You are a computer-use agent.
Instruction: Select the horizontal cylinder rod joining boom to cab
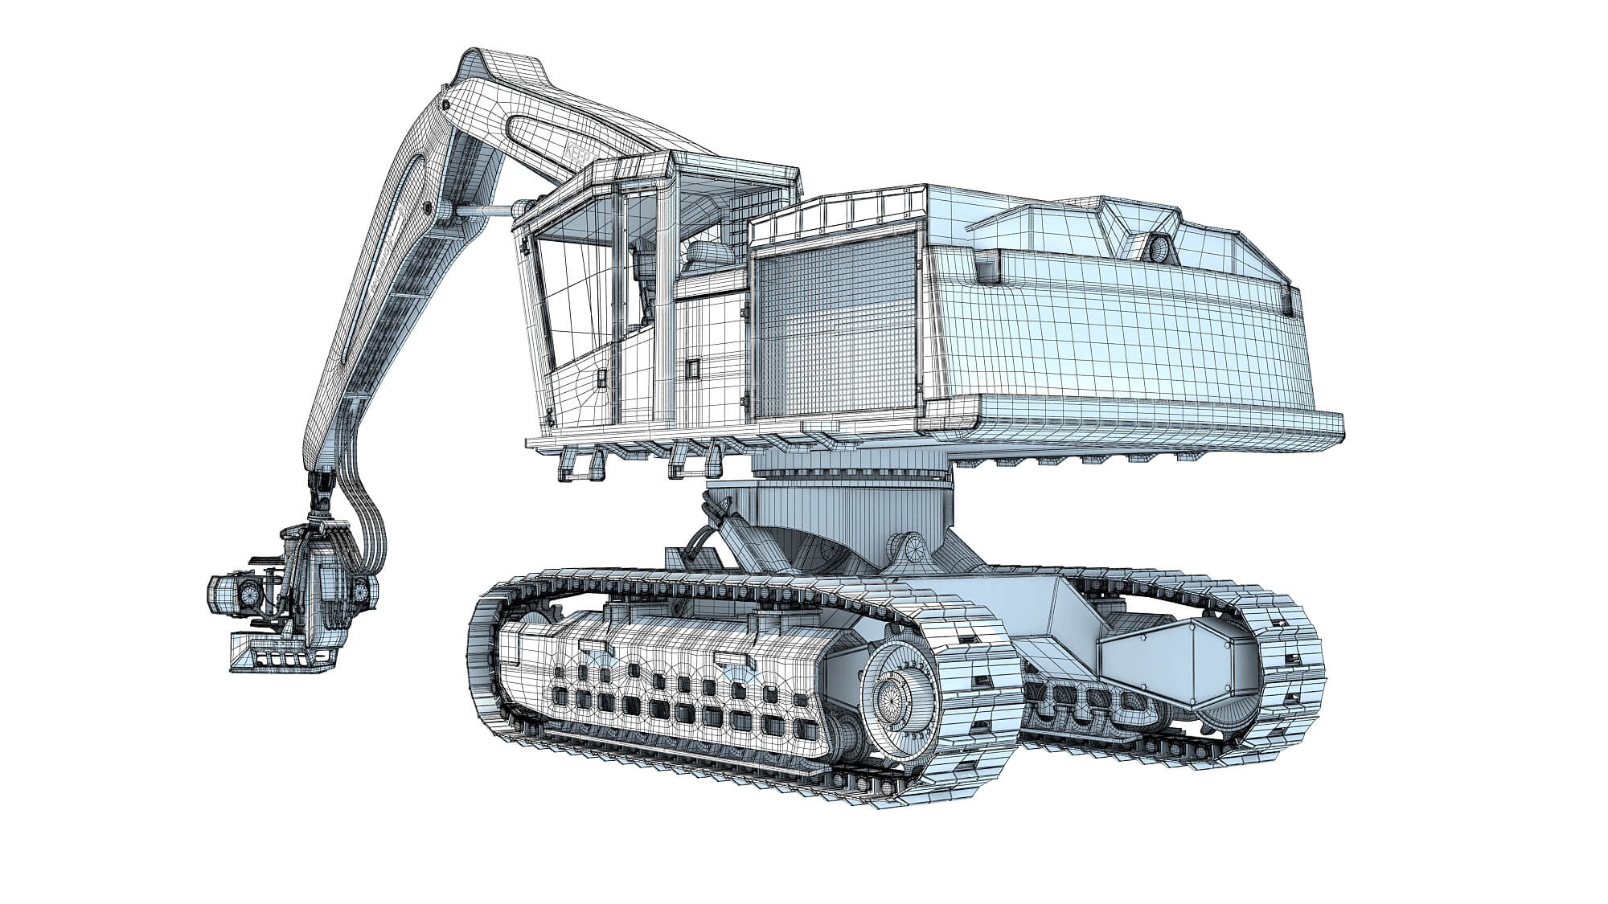(487, 211)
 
